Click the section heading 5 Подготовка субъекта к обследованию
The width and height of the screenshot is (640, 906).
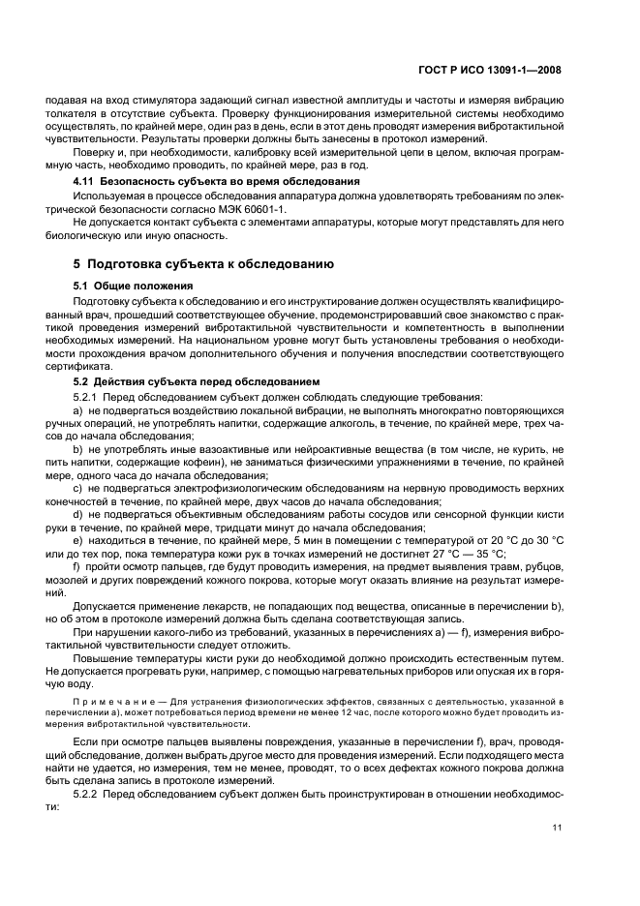pyautogui.click(x=204, y=263)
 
